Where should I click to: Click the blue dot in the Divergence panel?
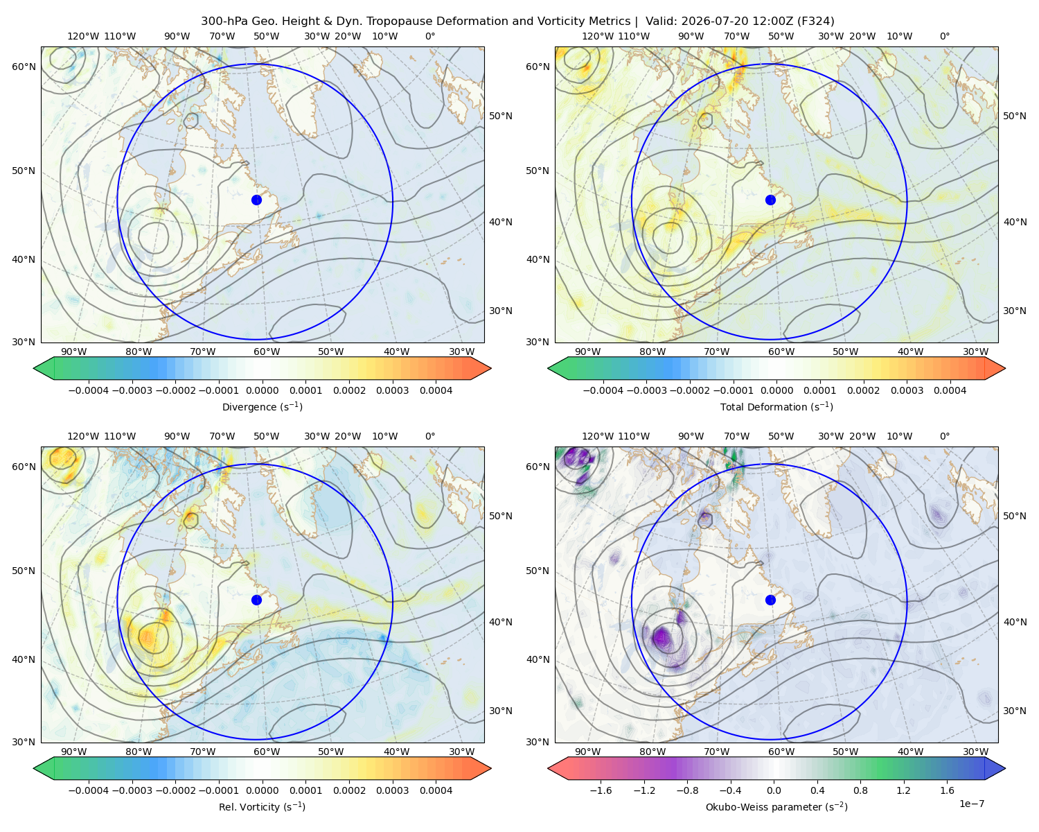[256, 200]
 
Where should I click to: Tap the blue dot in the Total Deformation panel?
[770, 200]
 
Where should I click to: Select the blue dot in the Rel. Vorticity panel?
[256, 600]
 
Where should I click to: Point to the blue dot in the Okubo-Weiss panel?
[770, 600]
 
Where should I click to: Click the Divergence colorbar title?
[262, 406]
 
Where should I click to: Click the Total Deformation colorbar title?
[776, 406]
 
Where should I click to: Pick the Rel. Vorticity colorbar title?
[262, 806]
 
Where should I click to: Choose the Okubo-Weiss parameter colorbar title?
[776, 806]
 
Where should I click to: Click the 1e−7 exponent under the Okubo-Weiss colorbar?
[971, 804]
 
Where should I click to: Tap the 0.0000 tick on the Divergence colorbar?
[262, 390]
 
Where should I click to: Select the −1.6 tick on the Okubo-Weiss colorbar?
[601, 790]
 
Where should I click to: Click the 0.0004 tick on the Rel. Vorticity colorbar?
[436, 790]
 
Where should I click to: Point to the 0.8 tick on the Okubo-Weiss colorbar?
[860, 790]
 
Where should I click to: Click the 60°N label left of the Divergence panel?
[24, 67]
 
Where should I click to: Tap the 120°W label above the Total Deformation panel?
[598, 36]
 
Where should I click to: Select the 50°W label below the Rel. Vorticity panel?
[330, 752]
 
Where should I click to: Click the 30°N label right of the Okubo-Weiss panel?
[1014, 711]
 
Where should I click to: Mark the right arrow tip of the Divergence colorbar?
[491, 368]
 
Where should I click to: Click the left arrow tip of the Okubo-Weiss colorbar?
[548, 768]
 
